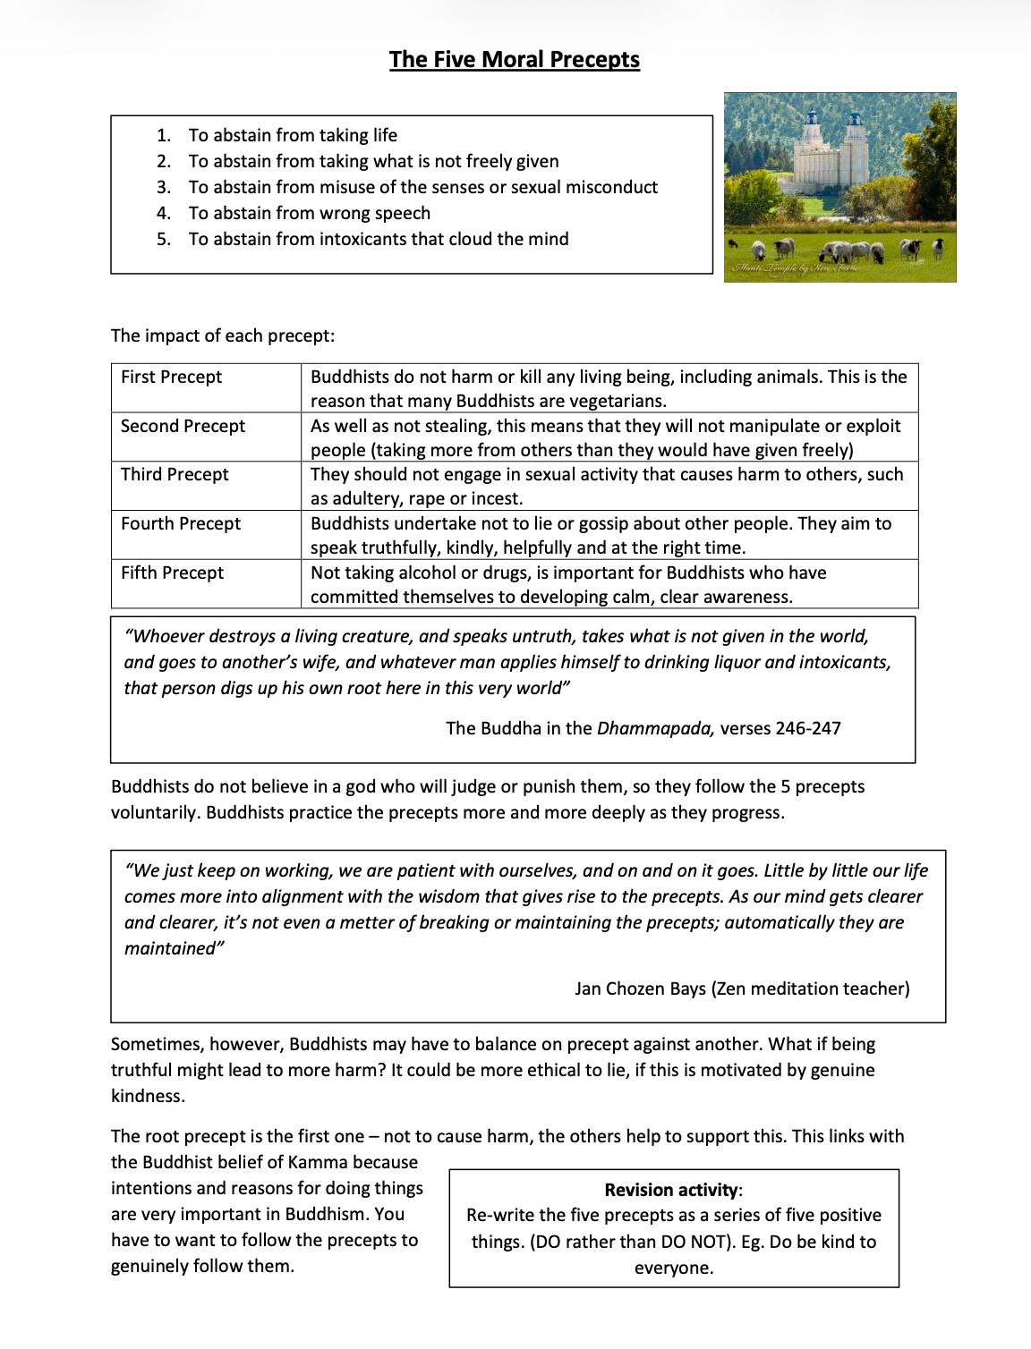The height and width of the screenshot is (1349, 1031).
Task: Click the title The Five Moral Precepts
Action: pos(515,60)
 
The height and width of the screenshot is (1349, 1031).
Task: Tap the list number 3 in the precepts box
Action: pos(163,187)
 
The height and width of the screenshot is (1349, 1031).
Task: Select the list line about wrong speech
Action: pos(309,213)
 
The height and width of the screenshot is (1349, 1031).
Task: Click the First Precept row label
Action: pos(172,377)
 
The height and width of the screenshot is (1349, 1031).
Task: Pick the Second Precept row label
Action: pos(183,426)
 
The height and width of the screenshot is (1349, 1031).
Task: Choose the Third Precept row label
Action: pos(175,474)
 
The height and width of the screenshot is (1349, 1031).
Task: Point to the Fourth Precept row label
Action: pos(181,523)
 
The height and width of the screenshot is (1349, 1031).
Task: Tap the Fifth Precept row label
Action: pos(172,573)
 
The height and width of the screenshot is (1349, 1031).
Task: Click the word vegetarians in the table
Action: pos(615,401)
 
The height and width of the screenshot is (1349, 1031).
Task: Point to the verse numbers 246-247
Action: pos(808,728)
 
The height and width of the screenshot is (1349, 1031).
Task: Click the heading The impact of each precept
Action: pos(223,335)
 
